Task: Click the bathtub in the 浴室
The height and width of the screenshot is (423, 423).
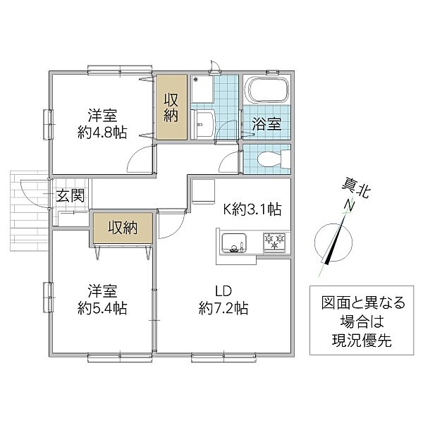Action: click(x=268, y=90)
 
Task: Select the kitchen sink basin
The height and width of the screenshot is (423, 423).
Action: click(x=233, y=243)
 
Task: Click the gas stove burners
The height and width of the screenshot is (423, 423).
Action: click(x=274, y=242)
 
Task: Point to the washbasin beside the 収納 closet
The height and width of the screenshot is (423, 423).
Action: click(x=202, y=124)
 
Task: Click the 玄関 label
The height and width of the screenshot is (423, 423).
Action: click(x=70, y=195)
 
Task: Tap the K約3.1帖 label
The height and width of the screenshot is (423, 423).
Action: click(x=252, y=209)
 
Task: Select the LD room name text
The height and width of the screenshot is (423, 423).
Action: click(x=223, y=291)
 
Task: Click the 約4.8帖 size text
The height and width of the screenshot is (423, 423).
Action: click(x=102, y=133)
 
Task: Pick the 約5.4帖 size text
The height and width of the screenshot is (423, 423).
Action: click(x=102, y=308)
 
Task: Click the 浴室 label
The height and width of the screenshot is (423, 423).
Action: click(x=266, y=124)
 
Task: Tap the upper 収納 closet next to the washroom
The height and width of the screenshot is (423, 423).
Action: click(x=172, y=107)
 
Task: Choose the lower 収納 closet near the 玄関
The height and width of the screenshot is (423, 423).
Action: click(x=123, y=228)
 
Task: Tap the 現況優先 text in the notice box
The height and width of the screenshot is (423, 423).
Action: click(x=362, y=341)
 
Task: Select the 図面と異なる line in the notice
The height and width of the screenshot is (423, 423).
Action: click(x=363, y=302)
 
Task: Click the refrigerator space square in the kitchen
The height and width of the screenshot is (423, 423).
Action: click(x=203, y=192)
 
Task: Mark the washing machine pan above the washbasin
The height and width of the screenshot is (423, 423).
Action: click(x=202, y=89)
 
